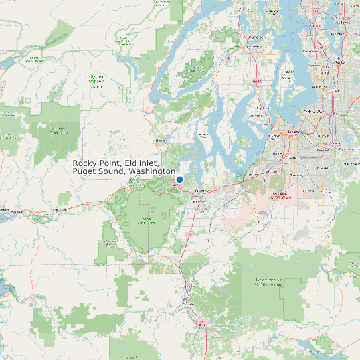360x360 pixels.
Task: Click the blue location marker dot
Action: (179, 179)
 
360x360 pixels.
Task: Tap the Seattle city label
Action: (315, 25)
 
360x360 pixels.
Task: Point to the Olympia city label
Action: (201, 191)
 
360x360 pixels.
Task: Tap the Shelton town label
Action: (159, 141)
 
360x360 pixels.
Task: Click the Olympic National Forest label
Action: (96, 81)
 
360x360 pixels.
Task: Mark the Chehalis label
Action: (202, 324)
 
